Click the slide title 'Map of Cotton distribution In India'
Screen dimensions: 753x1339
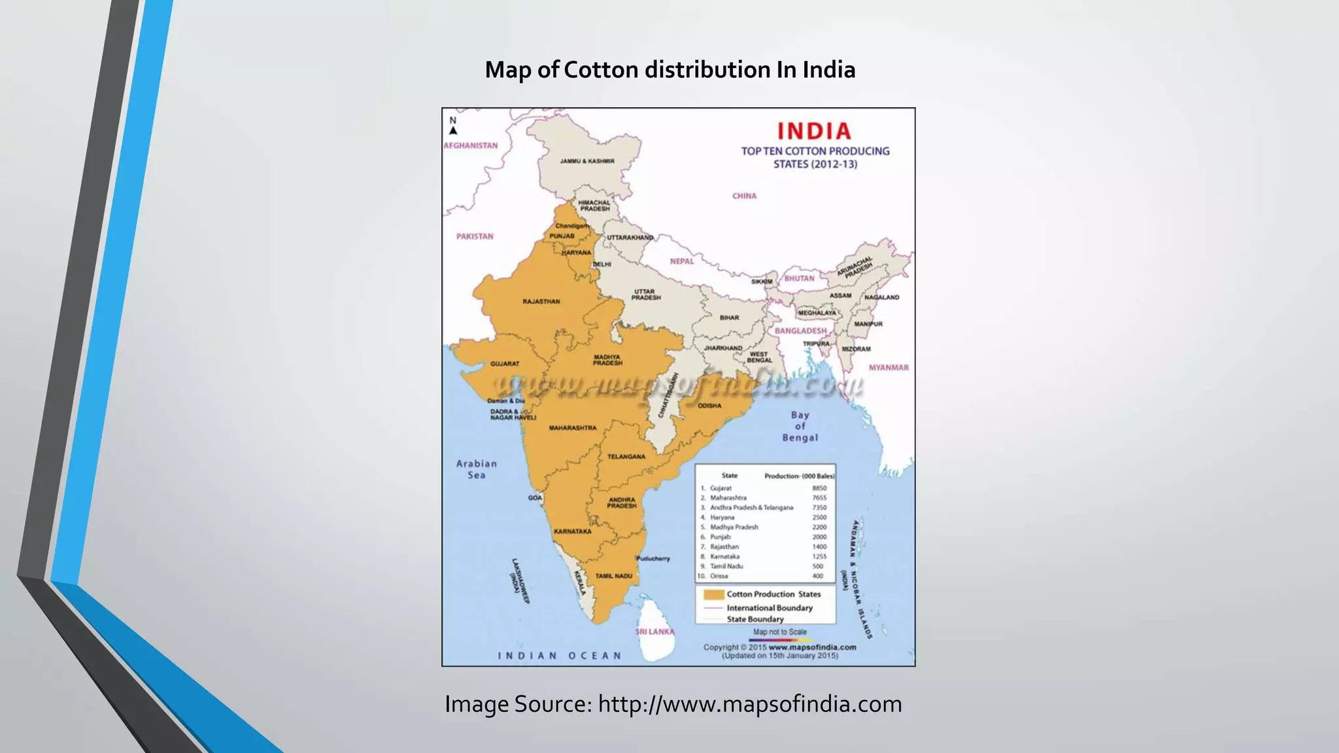(x=669, y=70)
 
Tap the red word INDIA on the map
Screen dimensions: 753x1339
(x=814, y=131)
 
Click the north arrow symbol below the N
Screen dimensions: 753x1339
(x=453, y=131)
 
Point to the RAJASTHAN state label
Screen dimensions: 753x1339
(x=541, y=301)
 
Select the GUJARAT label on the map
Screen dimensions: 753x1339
(x=505, y=363)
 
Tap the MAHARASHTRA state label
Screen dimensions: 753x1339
(x=573, y=427)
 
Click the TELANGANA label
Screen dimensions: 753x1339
(x=626, y=457)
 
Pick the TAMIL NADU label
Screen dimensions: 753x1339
(x=614, y=576)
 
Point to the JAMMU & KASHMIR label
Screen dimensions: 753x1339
(x=587, y=161)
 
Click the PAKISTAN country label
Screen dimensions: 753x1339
(x=475, y=237)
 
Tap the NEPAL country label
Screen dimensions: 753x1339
(x=682, y=261)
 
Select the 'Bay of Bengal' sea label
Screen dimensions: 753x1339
(x=800, y=426)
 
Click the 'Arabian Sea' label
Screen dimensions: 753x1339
(x=477, y=469)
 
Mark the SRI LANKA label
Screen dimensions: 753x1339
(x=654, y=632)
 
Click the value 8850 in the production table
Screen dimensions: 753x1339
(x=819, y=488)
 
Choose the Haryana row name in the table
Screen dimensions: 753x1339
(x=722, y=517)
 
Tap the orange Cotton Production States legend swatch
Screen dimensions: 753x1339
(x=714, y=594)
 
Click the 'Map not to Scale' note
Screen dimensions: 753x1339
(x=780, y=632)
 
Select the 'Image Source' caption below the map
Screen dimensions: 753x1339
(x=673, y=704)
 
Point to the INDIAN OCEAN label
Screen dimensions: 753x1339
(x=560, y=656)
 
